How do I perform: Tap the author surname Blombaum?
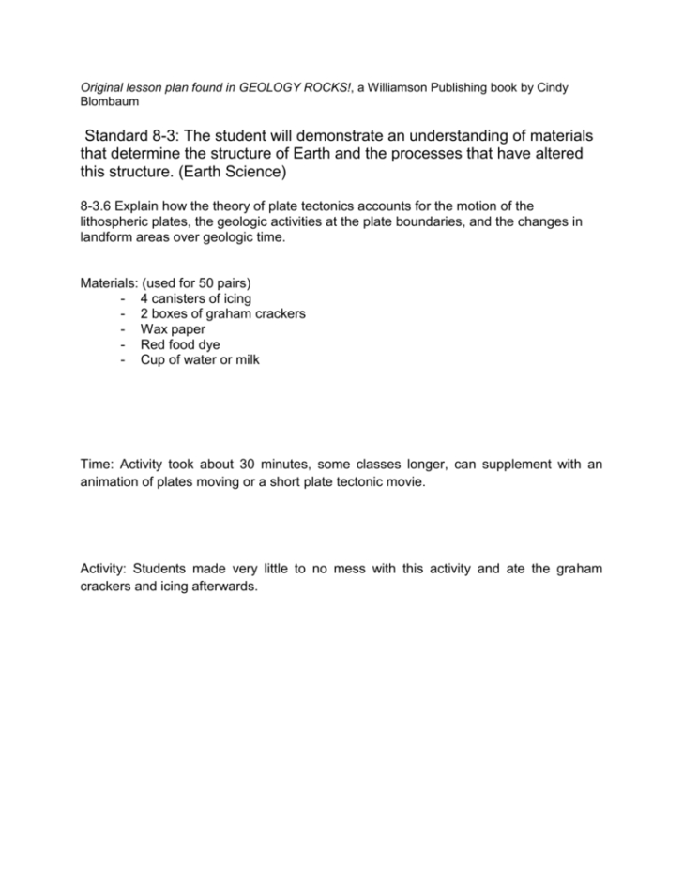click(107, 101)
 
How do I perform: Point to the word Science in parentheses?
click(257, 174)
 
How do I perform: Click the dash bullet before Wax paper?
click(124, 329)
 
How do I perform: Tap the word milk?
click(246, 359)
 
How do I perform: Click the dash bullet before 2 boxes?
click(124, 313)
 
